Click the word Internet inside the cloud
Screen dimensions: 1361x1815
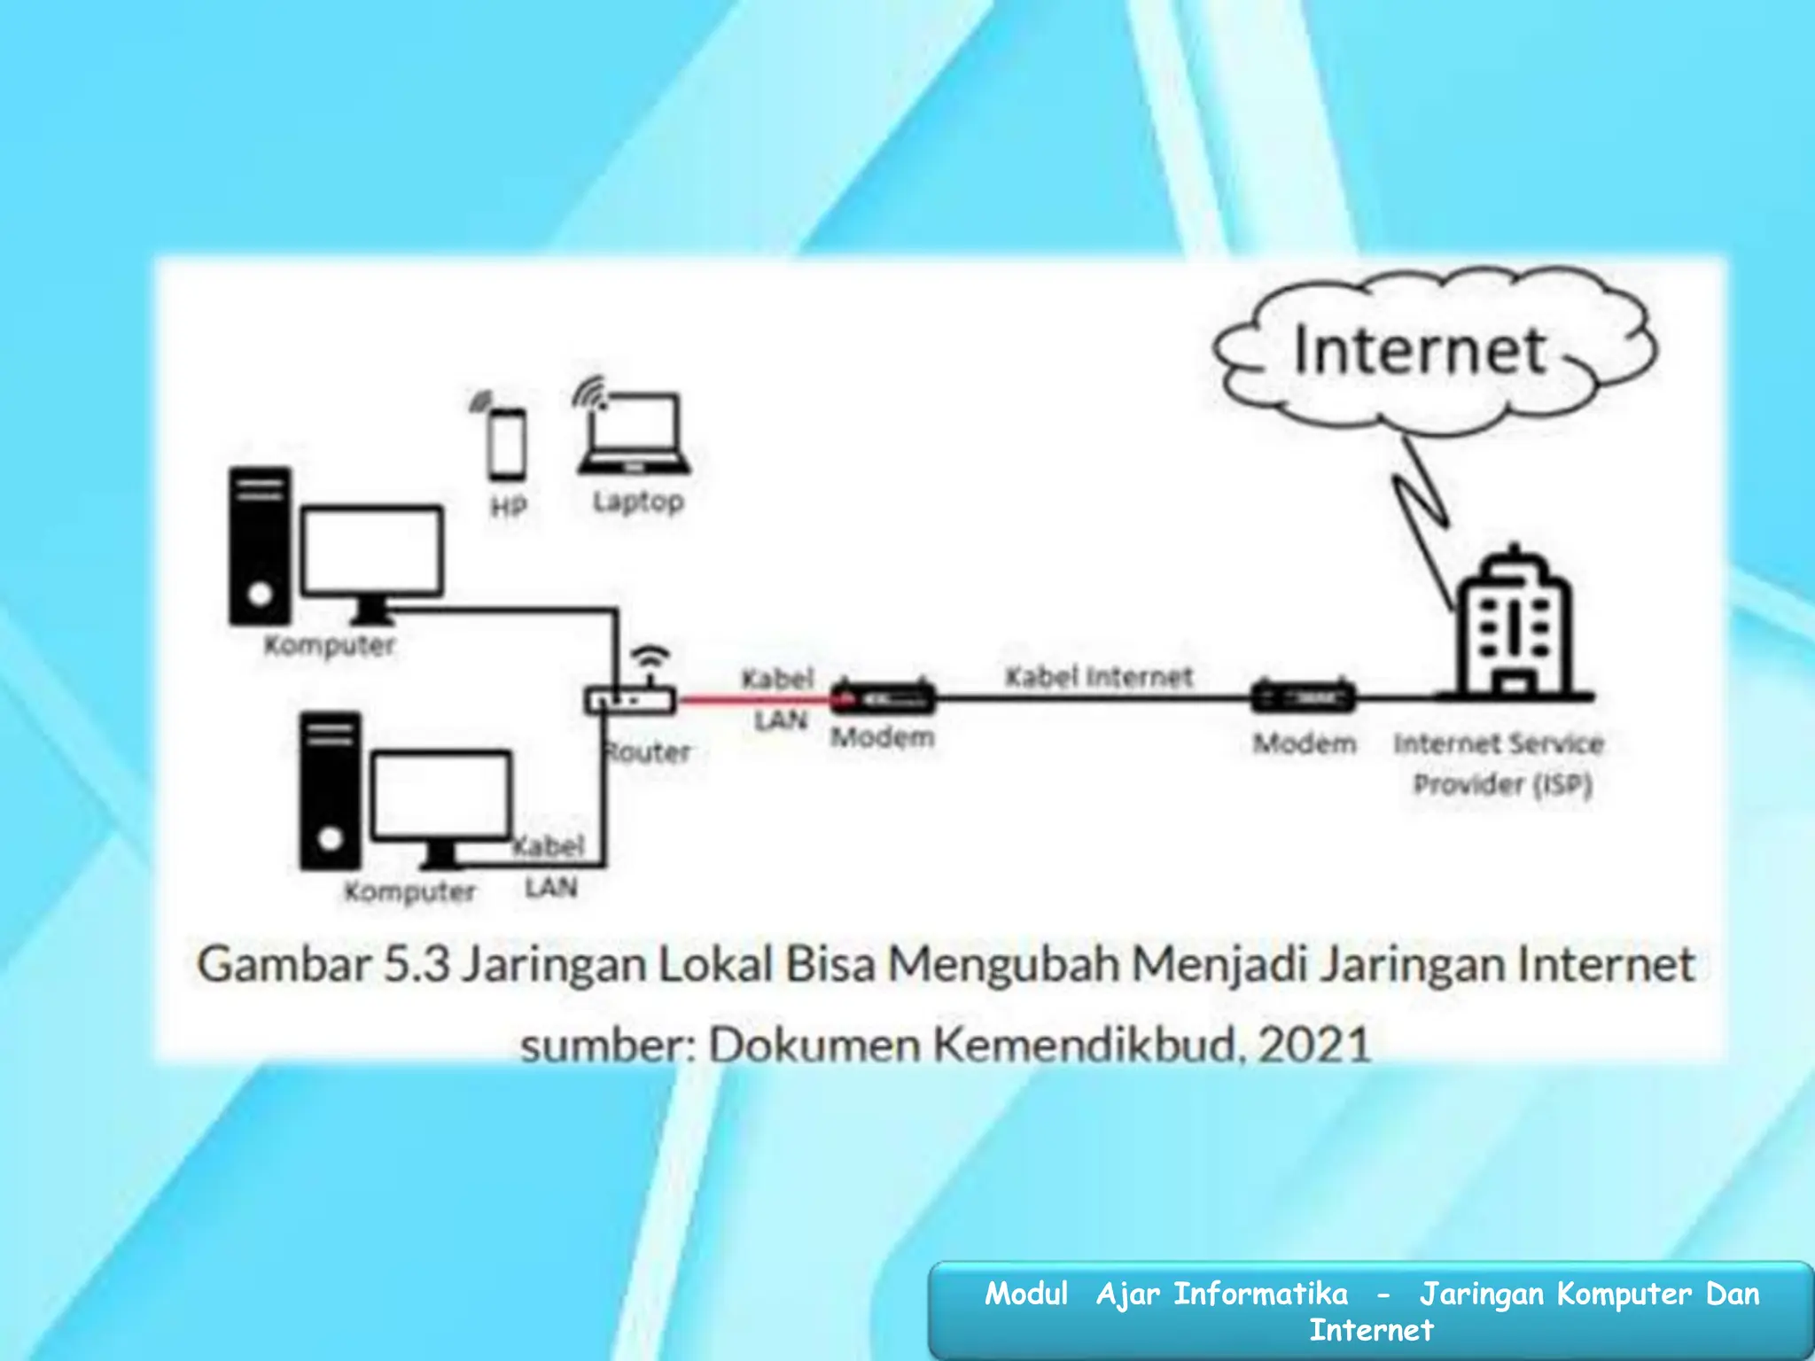(1420, 351)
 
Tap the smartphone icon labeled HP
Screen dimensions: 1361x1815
(507, 444)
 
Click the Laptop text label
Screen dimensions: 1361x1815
(638, 502)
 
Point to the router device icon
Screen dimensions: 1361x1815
(630, 700)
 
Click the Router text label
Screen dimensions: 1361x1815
(648, 752)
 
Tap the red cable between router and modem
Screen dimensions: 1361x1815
(753, 700)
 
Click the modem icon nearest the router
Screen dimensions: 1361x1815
(883, 698)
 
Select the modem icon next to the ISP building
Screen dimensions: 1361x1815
(1303, 697)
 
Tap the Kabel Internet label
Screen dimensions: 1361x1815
(1099, 677)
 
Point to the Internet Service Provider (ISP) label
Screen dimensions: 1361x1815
(1500, 763)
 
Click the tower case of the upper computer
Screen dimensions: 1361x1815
(259, 546)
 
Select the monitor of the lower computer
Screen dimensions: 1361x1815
(440, 796)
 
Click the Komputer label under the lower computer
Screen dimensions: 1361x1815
(409, 891)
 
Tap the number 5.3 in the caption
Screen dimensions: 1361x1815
(417, 964)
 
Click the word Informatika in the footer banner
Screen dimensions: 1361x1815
(1260, 1294)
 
